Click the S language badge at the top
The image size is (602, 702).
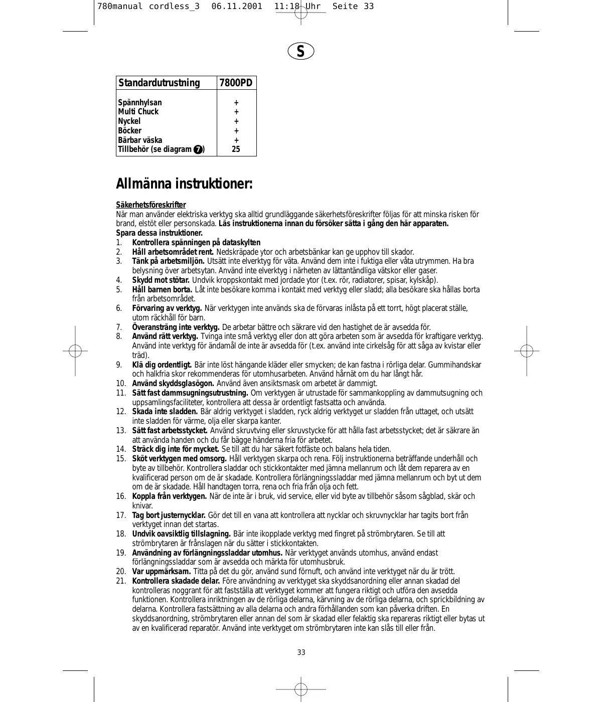(300, 51)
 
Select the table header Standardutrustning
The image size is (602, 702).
(159, 83)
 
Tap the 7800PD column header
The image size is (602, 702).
(236, 83)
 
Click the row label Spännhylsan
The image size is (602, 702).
(140, 102)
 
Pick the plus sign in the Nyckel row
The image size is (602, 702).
(236, 121)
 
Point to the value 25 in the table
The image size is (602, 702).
(236, 149)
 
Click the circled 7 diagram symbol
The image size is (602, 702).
(198, 150)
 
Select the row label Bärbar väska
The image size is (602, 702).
(140, 140)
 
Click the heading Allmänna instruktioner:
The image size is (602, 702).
(184, 184)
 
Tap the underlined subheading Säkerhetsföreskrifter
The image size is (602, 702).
(151, 205)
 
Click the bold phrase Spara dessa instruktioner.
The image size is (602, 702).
(160, 233)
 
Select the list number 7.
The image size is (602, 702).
(119, 327)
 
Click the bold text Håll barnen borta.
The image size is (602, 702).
(162, 290)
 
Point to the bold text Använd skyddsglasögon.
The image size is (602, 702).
(173, 384)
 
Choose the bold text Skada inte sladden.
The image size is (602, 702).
(165, 412)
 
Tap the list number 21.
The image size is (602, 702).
(121, 581)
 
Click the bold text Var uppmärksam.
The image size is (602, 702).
(162, 572)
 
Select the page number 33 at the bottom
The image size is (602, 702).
(301, 652)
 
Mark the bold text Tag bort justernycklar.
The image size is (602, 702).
(169, 515)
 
